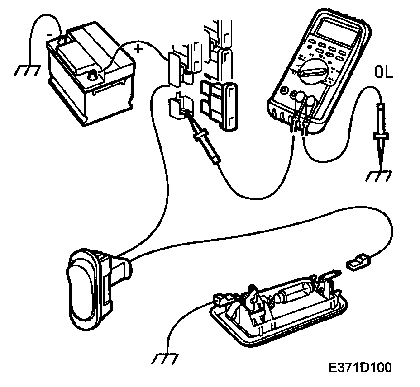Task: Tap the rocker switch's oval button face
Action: coord(81,287)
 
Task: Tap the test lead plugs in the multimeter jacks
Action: coord(298,125)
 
